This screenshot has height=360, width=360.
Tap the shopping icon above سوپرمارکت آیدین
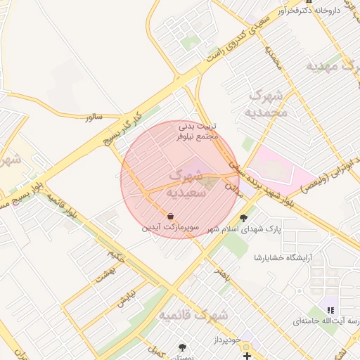tap(171, 216)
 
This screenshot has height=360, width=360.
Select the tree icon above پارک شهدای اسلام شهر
tap(243, 218)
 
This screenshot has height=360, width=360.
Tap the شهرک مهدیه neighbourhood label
tap(331, 66)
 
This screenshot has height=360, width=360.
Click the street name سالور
tap(94, 117)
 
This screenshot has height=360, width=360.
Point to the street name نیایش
tap(124, 300)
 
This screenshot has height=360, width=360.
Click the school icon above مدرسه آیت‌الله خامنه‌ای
tap(330, 309)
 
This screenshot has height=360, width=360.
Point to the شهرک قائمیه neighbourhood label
tap(193, 315)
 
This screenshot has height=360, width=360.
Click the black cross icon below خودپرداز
tap(247, 356)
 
